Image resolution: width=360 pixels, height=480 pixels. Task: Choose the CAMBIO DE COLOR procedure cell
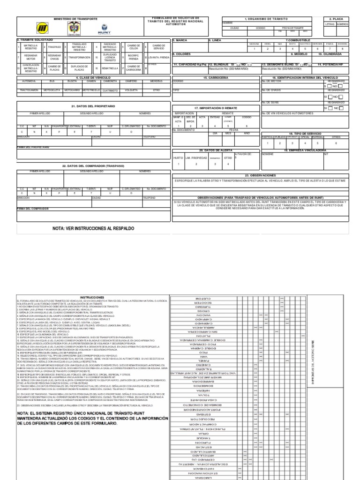coord(134,47)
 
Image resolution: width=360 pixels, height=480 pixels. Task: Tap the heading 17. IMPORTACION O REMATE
coord(215,108)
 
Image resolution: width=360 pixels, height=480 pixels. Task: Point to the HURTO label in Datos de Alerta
coord(178,158)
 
